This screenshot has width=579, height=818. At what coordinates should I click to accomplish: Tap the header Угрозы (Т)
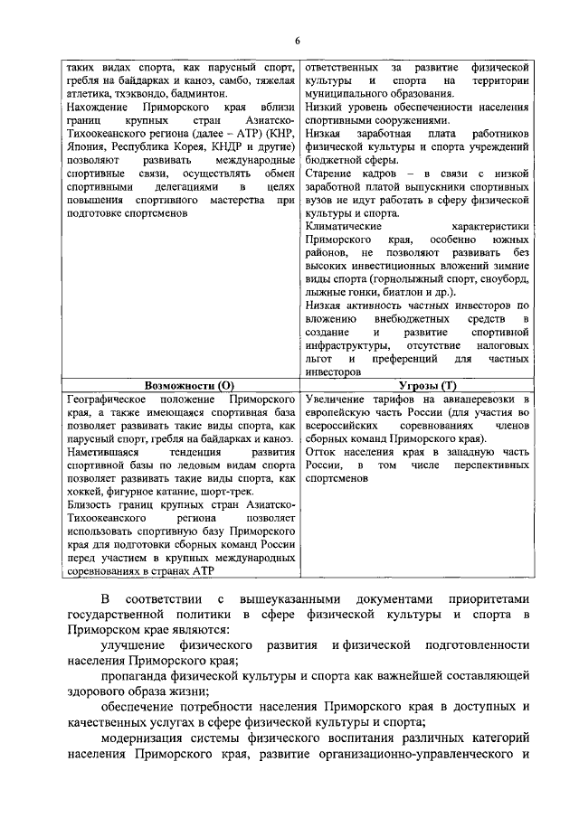coord(416,385)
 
